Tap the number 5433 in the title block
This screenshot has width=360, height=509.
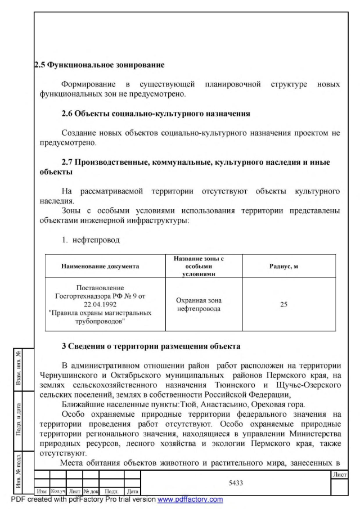point(235,482)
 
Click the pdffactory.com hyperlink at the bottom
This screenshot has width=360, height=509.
point(190,499)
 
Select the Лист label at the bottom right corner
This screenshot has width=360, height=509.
point(339,475)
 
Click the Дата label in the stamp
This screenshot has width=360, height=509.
point(133,492)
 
